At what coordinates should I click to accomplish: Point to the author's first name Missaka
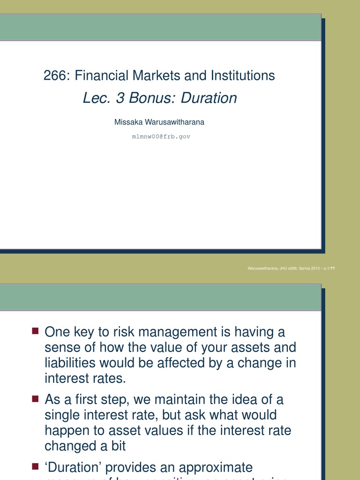click(x=128, y=122)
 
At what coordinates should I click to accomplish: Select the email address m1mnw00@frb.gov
click(x=161, y=136)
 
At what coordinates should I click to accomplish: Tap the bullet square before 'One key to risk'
click(x=35, y=331)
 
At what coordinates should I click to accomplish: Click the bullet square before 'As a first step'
click(x=35, y=399)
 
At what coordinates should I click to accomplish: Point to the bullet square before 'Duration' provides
click(x=35, y=466)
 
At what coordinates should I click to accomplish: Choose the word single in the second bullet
click(x=64, y=415)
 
